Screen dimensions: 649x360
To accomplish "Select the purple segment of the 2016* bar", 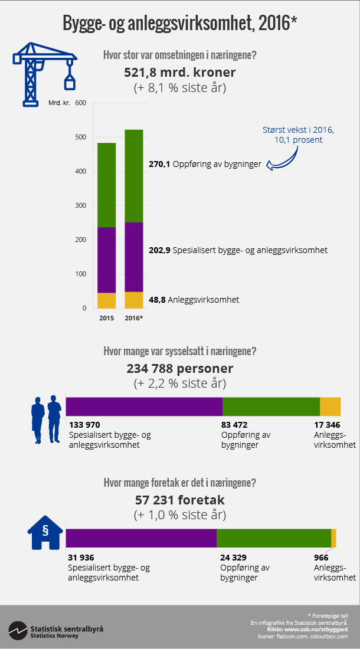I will tap(134, 257).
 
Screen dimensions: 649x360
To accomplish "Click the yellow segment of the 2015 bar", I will tap(106, 300).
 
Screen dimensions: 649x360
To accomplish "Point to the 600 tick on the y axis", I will tap(81, 103).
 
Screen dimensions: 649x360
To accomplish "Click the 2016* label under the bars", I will tap(134, 318).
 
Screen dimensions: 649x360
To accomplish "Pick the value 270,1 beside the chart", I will tap(159, 165).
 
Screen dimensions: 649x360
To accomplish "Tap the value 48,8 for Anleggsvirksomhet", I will tap(157, 300).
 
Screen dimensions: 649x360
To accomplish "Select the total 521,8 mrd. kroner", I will tap(179, 73).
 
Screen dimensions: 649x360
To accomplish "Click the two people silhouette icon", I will tap(46, 419).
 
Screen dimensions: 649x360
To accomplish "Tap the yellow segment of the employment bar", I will tap(330, 407).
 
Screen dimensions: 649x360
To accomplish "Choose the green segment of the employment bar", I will tap(271, 407).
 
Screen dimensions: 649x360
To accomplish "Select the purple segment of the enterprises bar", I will tap(141, 538).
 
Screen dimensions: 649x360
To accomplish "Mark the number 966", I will tap(320, 558).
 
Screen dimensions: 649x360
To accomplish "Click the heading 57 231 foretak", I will tap(179, 500).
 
